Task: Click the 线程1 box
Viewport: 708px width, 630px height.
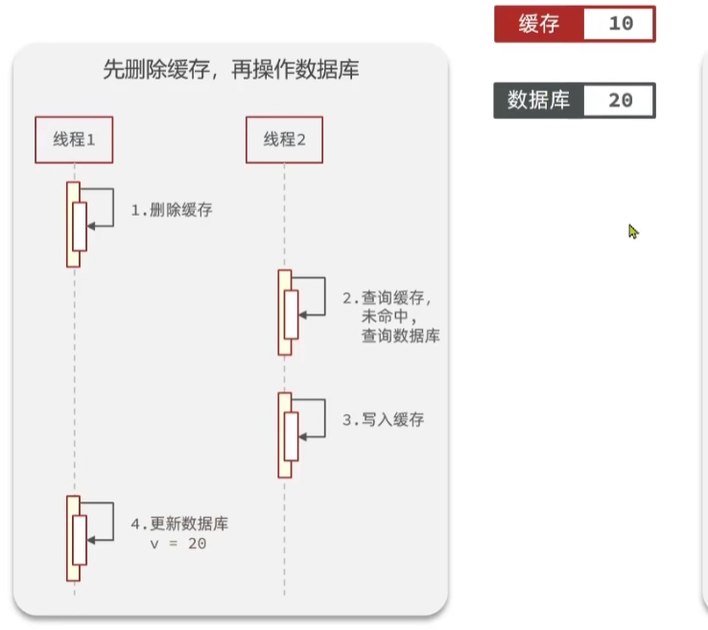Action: pos(73,140)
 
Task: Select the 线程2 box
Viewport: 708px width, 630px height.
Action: pos(284,140)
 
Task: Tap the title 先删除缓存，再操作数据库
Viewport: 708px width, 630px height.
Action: pos(230,71)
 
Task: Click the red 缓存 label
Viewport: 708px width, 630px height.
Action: pos(538,24)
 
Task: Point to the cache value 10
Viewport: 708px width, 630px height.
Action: pos(621,24)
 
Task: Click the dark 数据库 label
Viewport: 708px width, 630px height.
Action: pos(538,100)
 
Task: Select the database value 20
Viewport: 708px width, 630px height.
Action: pos(621,100)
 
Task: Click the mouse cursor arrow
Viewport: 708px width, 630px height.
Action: pos(632,230)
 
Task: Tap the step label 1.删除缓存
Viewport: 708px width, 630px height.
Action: pos(172,210)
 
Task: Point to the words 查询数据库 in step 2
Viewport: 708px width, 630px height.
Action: pos(400,336)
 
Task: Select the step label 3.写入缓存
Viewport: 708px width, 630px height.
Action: pos(383,419)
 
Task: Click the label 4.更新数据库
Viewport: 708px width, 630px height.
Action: pos(179,525)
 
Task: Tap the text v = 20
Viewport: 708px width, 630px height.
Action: pos(177,544)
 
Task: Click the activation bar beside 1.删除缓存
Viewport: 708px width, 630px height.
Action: pos(74,224)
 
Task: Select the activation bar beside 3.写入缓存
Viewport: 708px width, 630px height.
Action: pos(285,434)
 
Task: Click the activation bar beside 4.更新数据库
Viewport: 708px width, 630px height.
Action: pos(74,538)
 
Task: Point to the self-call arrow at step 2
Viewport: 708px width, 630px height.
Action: pos(317,297)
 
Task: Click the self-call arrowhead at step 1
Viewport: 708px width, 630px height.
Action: pos(91,226)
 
